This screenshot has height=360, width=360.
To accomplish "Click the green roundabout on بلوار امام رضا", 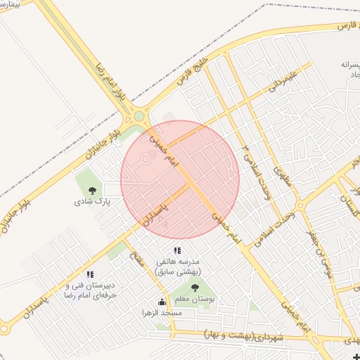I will coord(139,116).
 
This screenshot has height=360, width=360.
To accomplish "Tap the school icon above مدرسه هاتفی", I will coord(177,250).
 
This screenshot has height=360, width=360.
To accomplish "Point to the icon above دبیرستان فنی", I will coord(90,274).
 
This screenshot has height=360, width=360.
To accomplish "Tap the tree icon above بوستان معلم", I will coord(195,288).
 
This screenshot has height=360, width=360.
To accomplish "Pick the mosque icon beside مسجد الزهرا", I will coord(162,302).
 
